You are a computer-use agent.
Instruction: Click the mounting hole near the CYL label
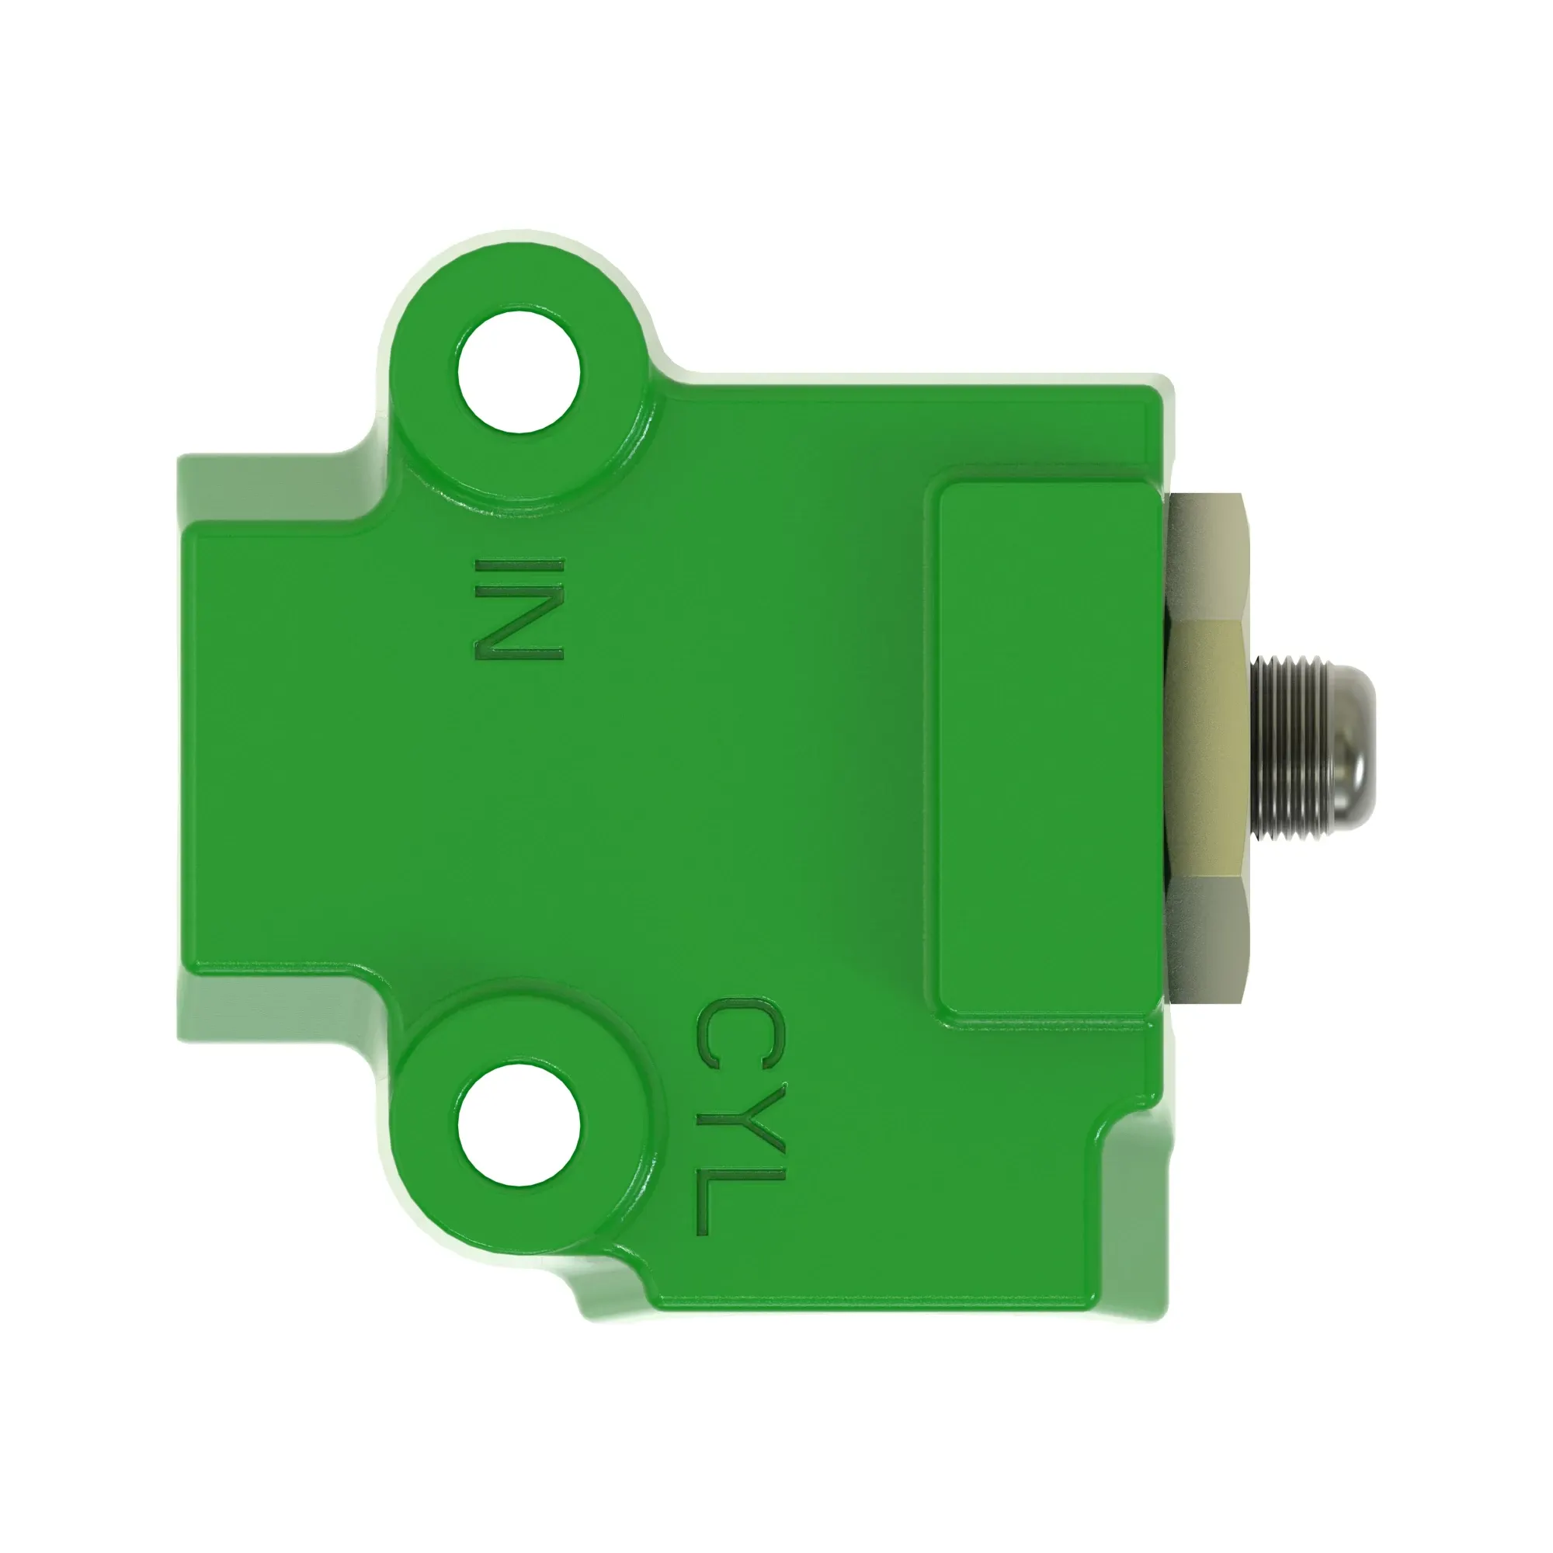(x=519, y=1124)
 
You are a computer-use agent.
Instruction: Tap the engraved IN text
(x=519, y=610)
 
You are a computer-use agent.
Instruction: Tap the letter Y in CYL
(x=738, y=1118)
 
